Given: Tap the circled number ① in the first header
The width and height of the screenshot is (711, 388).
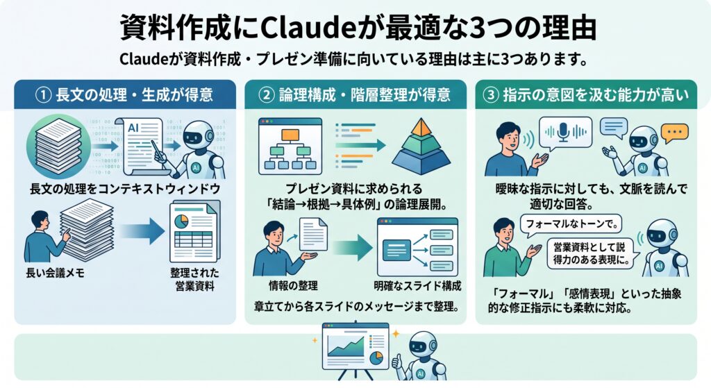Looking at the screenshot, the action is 43,95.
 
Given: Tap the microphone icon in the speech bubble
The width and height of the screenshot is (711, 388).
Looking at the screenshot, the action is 563,132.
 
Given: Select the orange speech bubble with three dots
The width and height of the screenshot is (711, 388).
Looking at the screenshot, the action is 674,133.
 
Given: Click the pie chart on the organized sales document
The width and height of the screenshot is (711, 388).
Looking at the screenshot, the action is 181,221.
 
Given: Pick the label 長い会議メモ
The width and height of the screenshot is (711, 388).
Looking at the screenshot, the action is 56,273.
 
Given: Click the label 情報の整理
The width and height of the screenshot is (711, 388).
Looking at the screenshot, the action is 293,285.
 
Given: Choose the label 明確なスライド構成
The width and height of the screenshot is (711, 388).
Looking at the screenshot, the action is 417,285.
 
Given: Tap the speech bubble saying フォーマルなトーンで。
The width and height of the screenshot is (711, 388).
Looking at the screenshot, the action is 571,224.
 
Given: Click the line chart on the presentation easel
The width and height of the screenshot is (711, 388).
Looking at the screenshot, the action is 346,346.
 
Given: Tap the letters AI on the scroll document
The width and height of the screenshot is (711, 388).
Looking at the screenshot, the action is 133,128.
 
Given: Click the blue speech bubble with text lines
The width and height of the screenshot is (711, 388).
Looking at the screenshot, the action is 614,128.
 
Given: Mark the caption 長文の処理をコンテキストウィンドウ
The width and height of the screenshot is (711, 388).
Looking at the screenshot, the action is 125,189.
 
